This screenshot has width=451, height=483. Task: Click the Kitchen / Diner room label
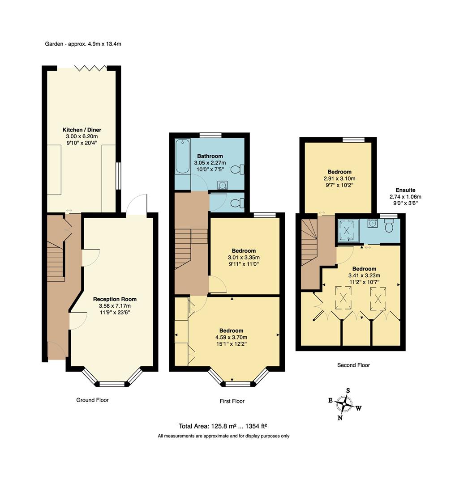coord(82,130)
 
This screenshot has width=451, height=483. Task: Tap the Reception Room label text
coord(115,299)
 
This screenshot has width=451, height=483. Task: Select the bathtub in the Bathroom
coord(182,157)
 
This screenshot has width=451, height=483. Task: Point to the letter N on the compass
coord(340,418)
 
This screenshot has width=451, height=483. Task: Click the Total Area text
coord(223,426)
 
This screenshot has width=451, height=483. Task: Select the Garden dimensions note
coord(83,44)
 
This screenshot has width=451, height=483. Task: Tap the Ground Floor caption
coord(92,400)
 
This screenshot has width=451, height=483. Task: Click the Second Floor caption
coord(353,365)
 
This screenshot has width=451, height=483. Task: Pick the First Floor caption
coord(232,401)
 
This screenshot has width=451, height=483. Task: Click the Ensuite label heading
coord(405,190)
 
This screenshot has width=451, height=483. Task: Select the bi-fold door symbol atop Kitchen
coord(91,68)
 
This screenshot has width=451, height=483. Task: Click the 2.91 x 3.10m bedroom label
coord(339,172)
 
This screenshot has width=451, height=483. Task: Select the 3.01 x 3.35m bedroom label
coord(244,250)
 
